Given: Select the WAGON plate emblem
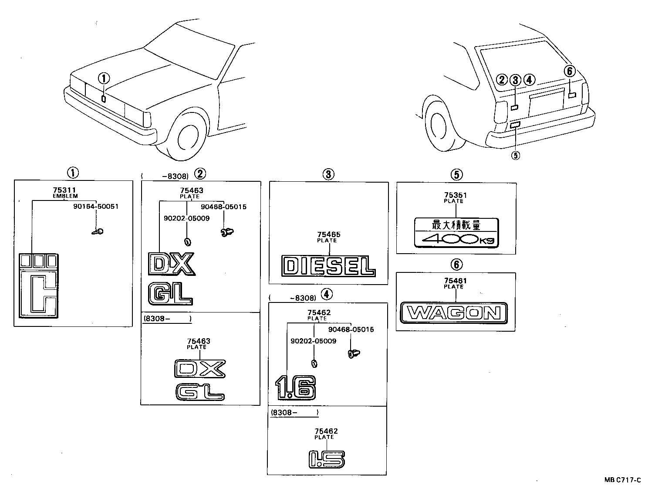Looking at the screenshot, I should (454, 312).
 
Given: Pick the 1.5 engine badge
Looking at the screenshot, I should (327, 458).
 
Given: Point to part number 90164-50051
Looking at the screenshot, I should (96, 207).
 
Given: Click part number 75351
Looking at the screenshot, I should (455, 196).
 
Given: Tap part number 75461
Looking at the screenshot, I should (455, 281).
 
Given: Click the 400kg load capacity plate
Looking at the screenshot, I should (456, 232).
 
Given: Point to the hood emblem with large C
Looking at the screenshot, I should (38, 285).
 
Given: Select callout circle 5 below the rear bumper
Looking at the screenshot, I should (516, 155).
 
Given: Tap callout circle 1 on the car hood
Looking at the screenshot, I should (103, 79).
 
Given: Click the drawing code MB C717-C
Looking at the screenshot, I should (622, 480).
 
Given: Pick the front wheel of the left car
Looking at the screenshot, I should (189, 134).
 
